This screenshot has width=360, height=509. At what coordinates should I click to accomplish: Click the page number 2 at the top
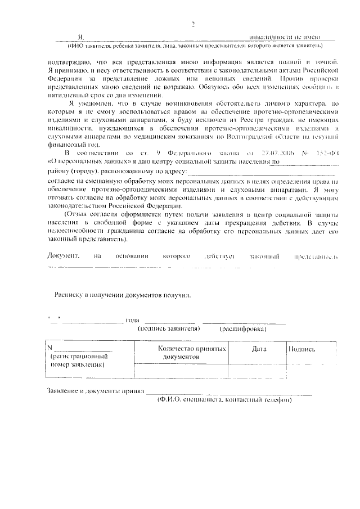pos(193,24)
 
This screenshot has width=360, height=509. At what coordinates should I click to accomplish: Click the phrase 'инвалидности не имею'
pos(292,36)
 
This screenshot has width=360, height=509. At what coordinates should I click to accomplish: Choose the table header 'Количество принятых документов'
pos(192,353)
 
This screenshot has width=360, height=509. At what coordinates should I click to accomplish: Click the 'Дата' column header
pos(259,349)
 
